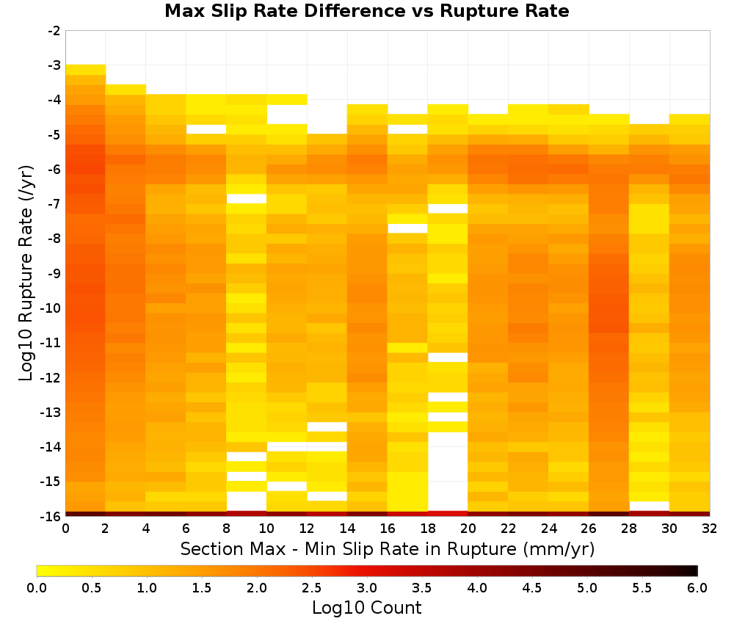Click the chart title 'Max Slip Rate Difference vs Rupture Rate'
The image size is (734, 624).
pos(366,11)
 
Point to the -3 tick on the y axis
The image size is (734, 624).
pos(54,65)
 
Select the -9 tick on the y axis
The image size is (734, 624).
pos(54,273)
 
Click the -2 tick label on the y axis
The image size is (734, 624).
pos(54,31)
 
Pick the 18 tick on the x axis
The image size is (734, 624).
pos(428,529)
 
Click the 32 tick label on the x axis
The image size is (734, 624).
pos(710,529)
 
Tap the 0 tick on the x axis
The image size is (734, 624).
pos(65,529)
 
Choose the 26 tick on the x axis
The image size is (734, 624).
pos(589,529)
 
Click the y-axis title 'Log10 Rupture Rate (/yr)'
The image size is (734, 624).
pos(26,273)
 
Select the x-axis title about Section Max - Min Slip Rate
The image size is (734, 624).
pos(388,548)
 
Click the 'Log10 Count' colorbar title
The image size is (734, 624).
pos(366,608)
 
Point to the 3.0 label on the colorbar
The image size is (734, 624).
pos(367,588)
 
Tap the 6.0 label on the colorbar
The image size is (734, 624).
pos(697,588)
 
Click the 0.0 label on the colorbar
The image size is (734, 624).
pos(37,588)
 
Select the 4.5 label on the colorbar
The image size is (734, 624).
pos(532,588)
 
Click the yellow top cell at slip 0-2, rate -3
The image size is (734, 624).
pos(86,70)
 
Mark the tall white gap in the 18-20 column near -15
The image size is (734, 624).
pos(448,471)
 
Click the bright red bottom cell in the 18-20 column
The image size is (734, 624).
pos(448,514)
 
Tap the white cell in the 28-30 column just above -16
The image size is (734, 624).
pos(650,506)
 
